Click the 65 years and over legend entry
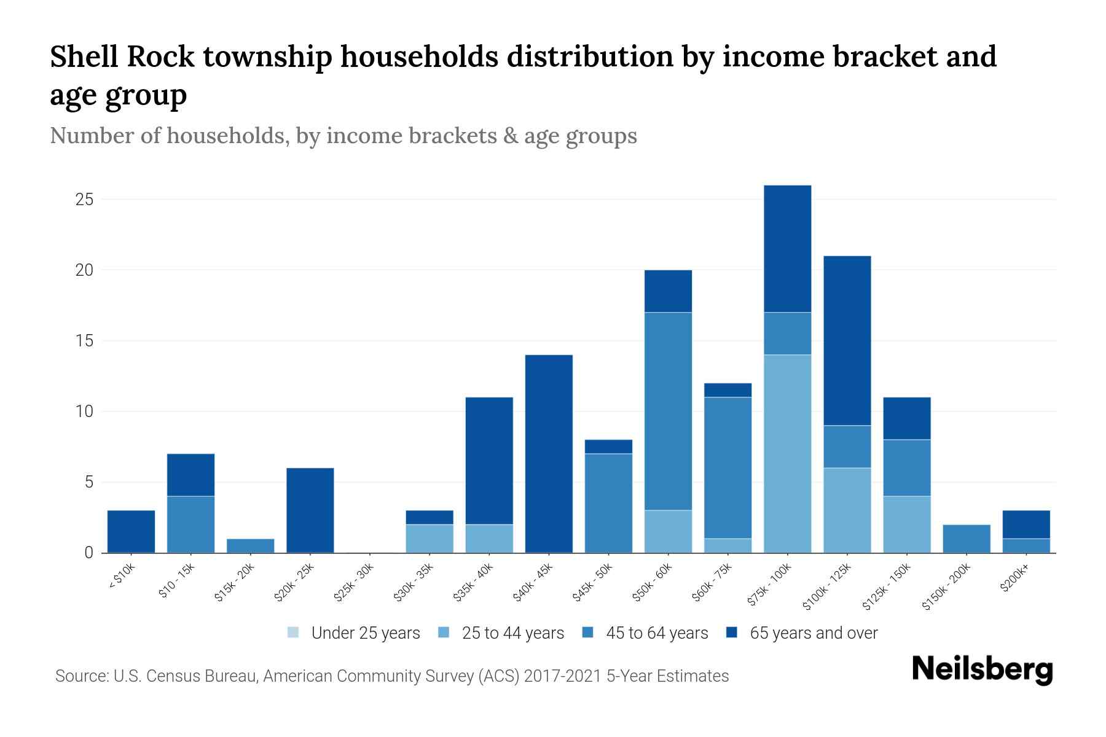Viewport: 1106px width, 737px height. coord(813,633)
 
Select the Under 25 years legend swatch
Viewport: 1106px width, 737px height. coord(294,633)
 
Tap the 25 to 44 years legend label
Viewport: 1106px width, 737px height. coord(512,633)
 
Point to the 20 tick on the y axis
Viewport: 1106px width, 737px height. coord(84,270)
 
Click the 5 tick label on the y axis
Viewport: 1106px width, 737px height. coord(88,482)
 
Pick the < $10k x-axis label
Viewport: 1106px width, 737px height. coord(122,577)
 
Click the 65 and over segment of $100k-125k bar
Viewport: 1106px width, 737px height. coord(847,340)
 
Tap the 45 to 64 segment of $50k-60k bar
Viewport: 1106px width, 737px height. coord(668,411)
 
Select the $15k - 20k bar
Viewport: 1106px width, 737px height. coord(250,545)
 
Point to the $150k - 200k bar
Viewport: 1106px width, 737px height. coord(966,539)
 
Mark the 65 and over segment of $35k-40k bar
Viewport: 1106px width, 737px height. coord(489,461)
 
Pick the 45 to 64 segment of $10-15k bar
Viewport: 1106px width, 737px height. coord(190,524)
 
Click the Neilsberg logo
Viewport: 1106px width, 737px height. coord(982,669)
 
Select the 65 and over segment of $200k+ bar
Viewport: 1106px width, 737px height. coord(1026,524)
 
